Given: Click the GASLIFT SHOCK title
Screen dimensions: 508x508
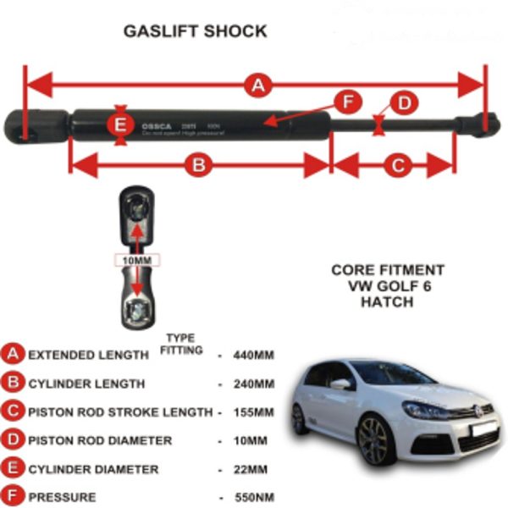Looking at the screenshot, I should click(195, 32).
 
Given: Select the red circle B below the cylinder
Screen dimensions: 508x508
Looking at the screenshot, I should click(198, 166).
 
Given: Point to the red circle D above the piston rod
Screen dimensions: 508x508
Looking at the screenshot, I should click(404, 103).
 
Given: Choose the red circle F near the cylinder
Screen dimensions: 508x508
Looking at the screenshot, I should click(346, 103).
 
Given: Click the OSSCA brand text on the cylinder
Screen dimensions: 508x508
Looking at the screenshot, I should click(157, 126).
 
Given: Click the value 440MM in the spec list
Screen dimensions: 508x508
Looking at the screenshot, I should click(252, 356).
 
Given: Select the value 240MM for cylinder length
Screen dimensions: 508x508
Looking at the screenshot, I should click(252, 384).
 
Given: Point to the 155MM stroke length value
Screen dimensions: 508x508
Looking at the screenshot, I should click(252, 412).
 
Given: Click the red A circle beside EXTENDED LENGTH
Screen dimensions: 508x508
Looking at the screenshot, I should click(14, 355).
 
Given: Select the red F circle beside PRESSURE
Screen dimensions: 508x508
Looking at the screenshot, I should click(14, 497).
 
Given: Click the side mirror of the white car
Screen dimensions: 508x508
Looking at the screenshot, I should click(341, 384).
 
